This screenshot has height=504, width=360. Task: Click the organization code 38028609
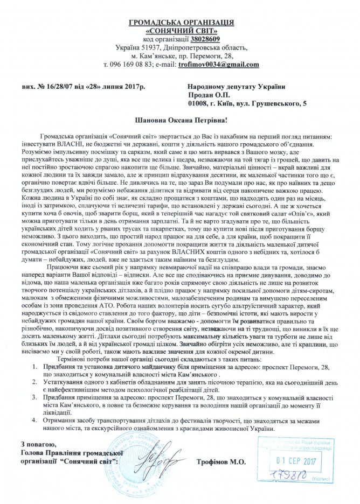(204, 39)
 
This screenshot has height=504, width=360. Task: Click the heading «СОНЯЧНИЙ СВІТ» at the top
(181, 31)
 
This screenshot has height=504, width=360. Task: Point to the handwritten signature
(159, 474)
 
